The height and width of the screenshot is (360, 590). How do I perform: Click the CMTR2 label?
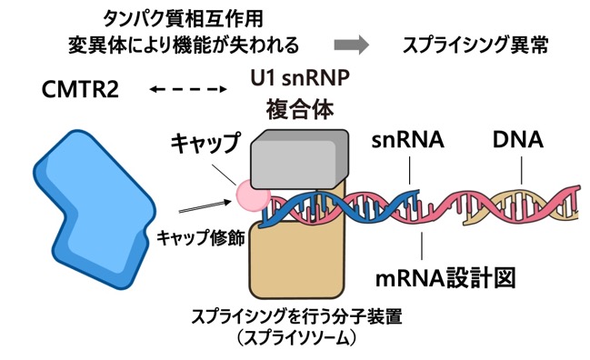[x=80, y=89]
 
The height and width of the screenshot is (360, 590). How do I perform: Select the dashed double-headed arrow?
[x=188, y=89]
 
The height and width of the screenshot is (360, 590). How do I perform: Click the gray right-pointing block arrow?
[x=352, y=45]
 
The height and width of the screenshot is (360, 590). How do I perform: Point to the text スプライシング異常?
[x=475, y=45]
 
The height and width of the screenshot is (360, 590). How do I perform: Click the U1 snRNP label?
[x=300, y=78]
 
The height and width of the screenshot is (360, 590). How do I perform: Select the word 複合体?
[x=300, y=110]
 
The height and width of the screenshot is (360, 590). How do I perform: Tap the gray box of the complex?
[x=300, y=159]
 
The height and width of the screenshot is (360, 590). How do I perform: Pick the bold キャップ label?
[x=205, y=144]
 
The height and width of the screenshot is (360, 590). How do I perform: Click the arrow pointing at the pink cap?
[x=205, y=206]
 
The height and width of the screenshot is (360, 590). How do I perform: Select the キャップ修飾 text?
[x=201, y=238]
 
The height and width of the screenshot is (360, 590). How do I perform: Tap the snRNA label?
[x=408, y=140]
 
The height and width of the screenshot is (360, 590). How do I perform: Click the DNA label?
[x=518, y=140]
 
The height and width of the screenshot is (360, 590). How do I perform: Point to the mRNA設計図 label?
[x=445, y=278]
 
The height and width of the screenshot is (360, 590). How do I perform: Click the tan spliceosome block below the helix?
[x=297, y=260]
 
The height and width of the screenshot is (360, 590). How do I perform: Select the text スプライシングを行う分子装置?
[x=297, y=316]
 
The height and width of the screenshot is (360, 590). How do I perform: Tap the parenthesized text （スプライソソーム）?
[x=297, y=337]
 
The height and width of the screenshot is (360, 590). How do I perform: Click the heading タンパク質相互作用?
[x=184, y=19]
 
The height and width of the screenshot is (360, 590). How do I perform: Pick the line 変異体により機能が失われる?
[x=184, y=45]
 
